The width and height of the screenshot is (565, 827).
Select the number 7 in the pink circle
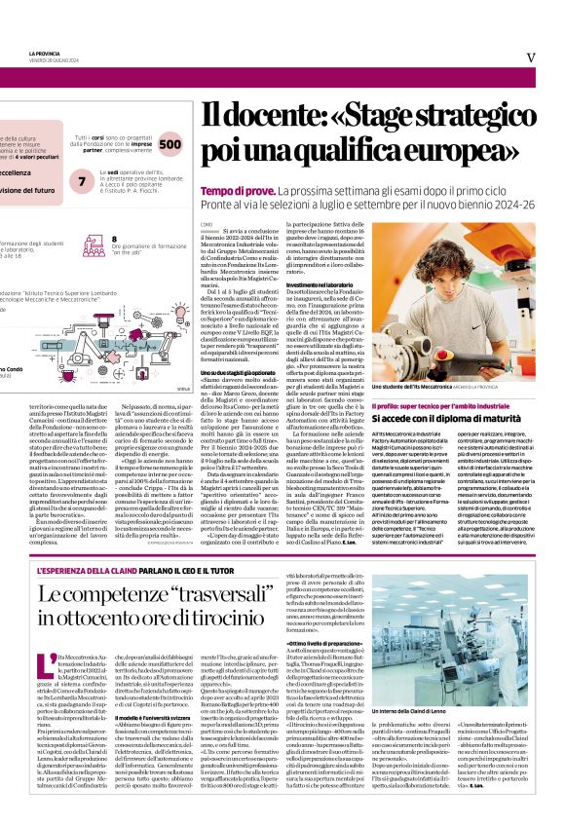pos(83,181)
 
